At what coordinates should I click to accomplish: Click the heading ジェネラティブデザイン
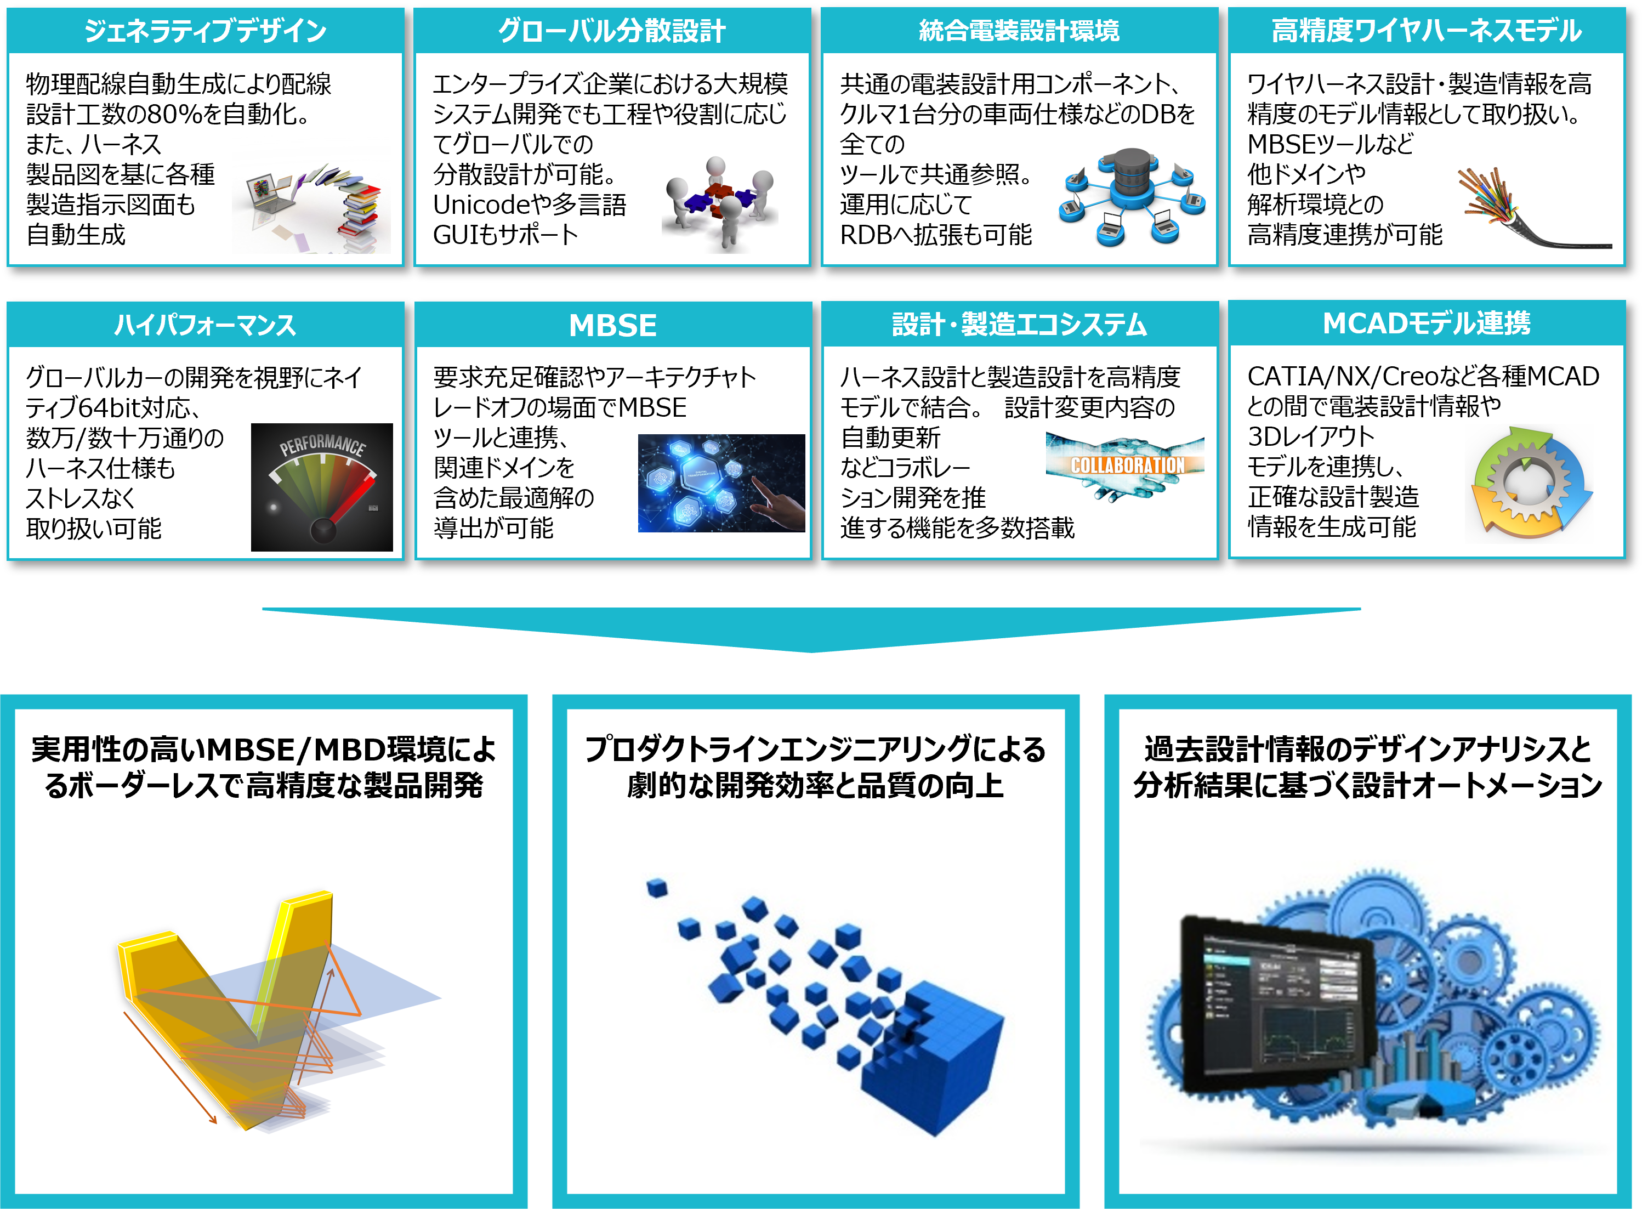pos(205,31)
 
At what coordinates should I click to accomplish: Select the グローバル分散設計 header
pos(612,31)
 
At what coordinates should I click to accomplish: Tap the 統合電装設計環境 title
pos(1019,31)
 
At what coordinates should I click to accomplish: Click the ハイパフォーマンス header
pos(205,324)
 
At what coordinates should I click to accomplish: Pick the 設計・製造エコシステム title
pos(1019,324)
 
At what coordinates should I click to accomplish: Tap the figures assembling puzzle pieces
pos(720,201)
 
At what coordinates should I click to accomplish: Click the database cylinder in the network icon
pos(1131,173)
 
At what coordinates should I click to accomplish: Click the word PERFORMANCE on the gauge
pos(323,444)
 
